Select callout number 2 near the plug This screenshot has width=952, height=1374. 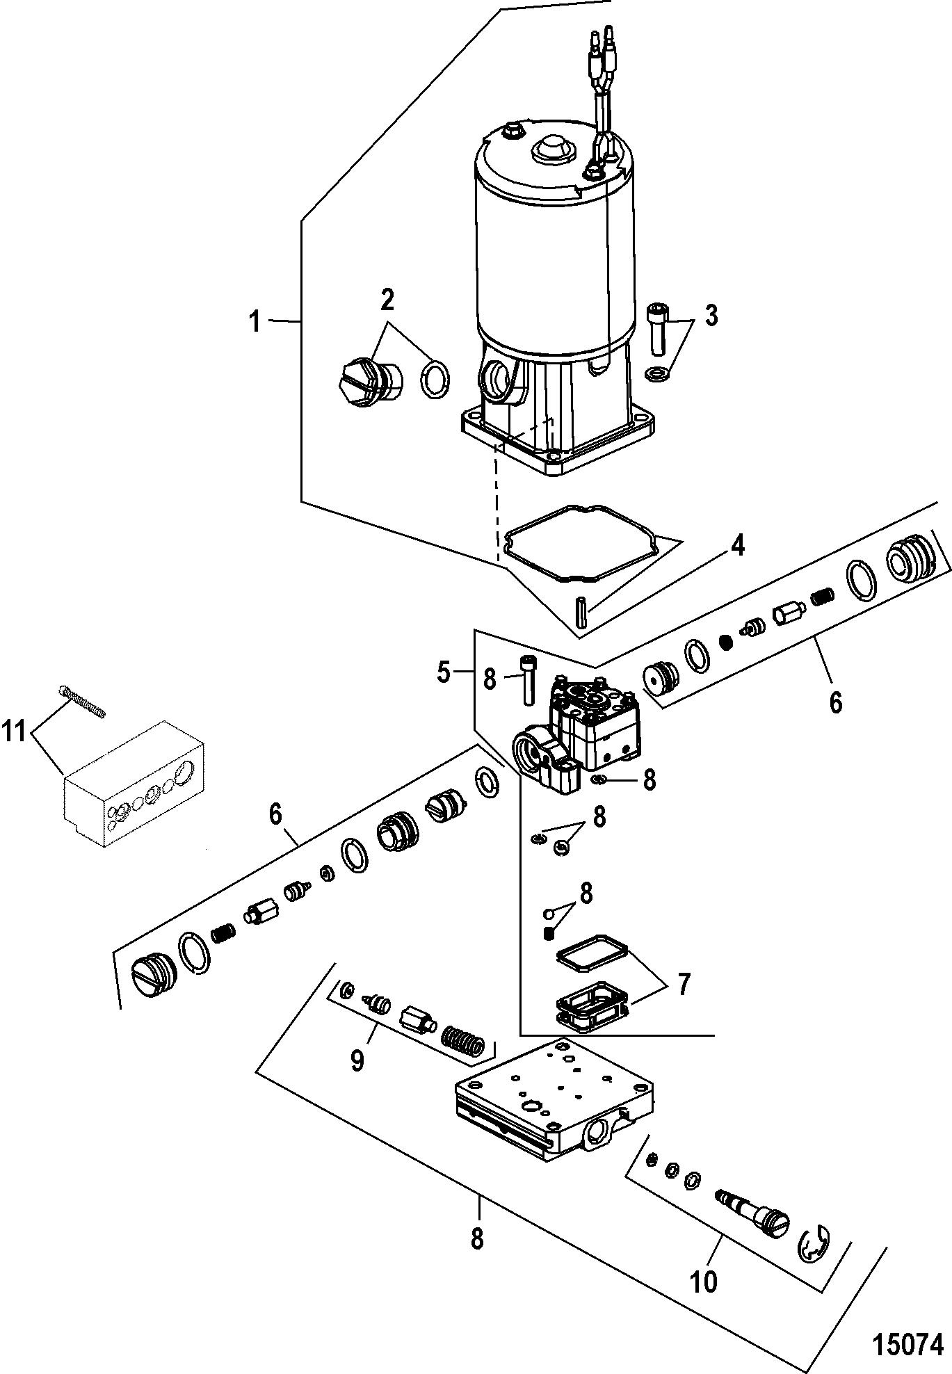pos(387,300)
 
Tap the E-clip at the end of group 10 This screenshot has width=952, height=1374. pos(813,1250)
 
